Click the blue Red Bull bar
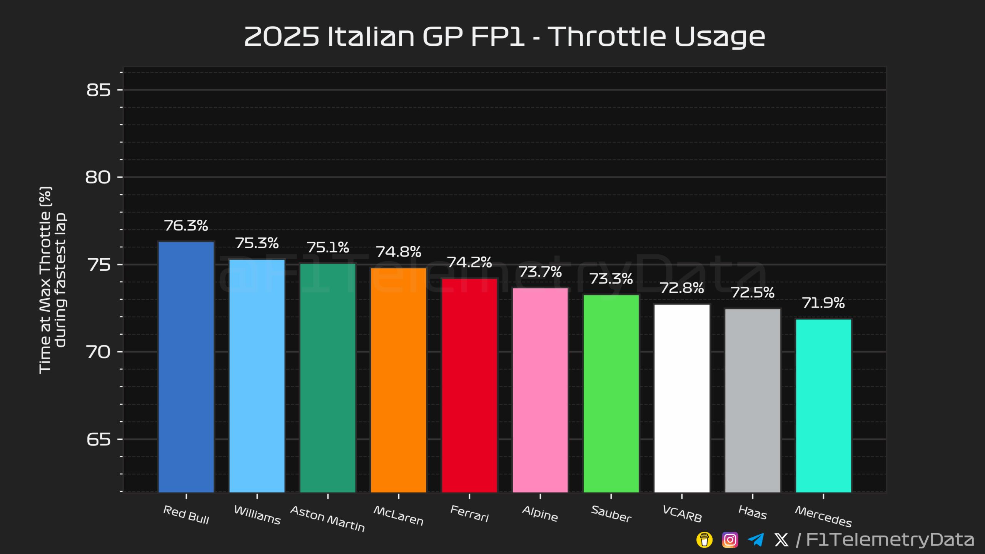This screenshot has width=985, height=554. [x=186, y=365]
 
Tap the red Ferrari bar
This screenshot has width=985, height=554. [x=469, y=385]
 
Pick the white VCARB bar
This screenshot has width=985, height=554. [x=682, y=398]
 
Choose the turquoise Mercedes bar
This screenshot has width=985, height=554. [x=823, y=406]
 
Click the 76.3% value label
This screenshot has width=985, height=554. [x=186, y=226]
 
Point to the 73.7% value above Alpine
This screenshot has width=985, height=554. [x=540, y=272]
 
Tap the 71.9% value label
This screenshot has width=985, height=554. [x=823, y=303]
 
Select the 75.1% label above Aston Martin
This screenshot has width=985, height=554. [x=328, y=247]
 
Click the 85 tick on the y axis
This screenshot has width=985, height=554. [x=98, y=90]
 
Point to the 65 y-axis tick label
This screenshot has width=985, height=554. [x=98, y=439]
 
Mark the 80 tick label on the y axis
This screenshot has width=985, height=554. [x=98, y=177]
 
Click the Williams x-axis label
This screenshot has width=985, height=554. [x=257, y=515]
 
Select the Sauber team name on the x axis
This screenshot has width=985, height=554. [x=611, y=514]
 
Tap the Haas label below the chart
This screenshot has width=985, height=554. [x=753, y=512]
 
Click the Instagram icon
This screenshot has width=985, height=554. [x=730, y=540]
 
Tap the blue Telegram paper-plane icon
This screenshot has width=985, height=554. [x=756, y=539]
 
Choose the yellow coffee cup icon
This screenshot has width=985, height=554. [x=704, y=540]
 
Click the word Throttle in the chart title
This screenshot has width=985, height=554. [x=607, y=37]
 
